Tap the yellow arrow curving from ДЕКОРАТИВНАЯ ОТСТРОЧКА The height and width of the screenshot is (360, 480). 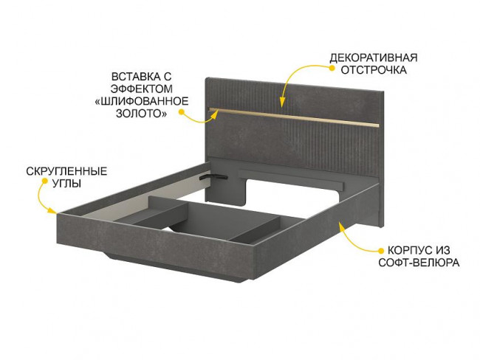[299, 76]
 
